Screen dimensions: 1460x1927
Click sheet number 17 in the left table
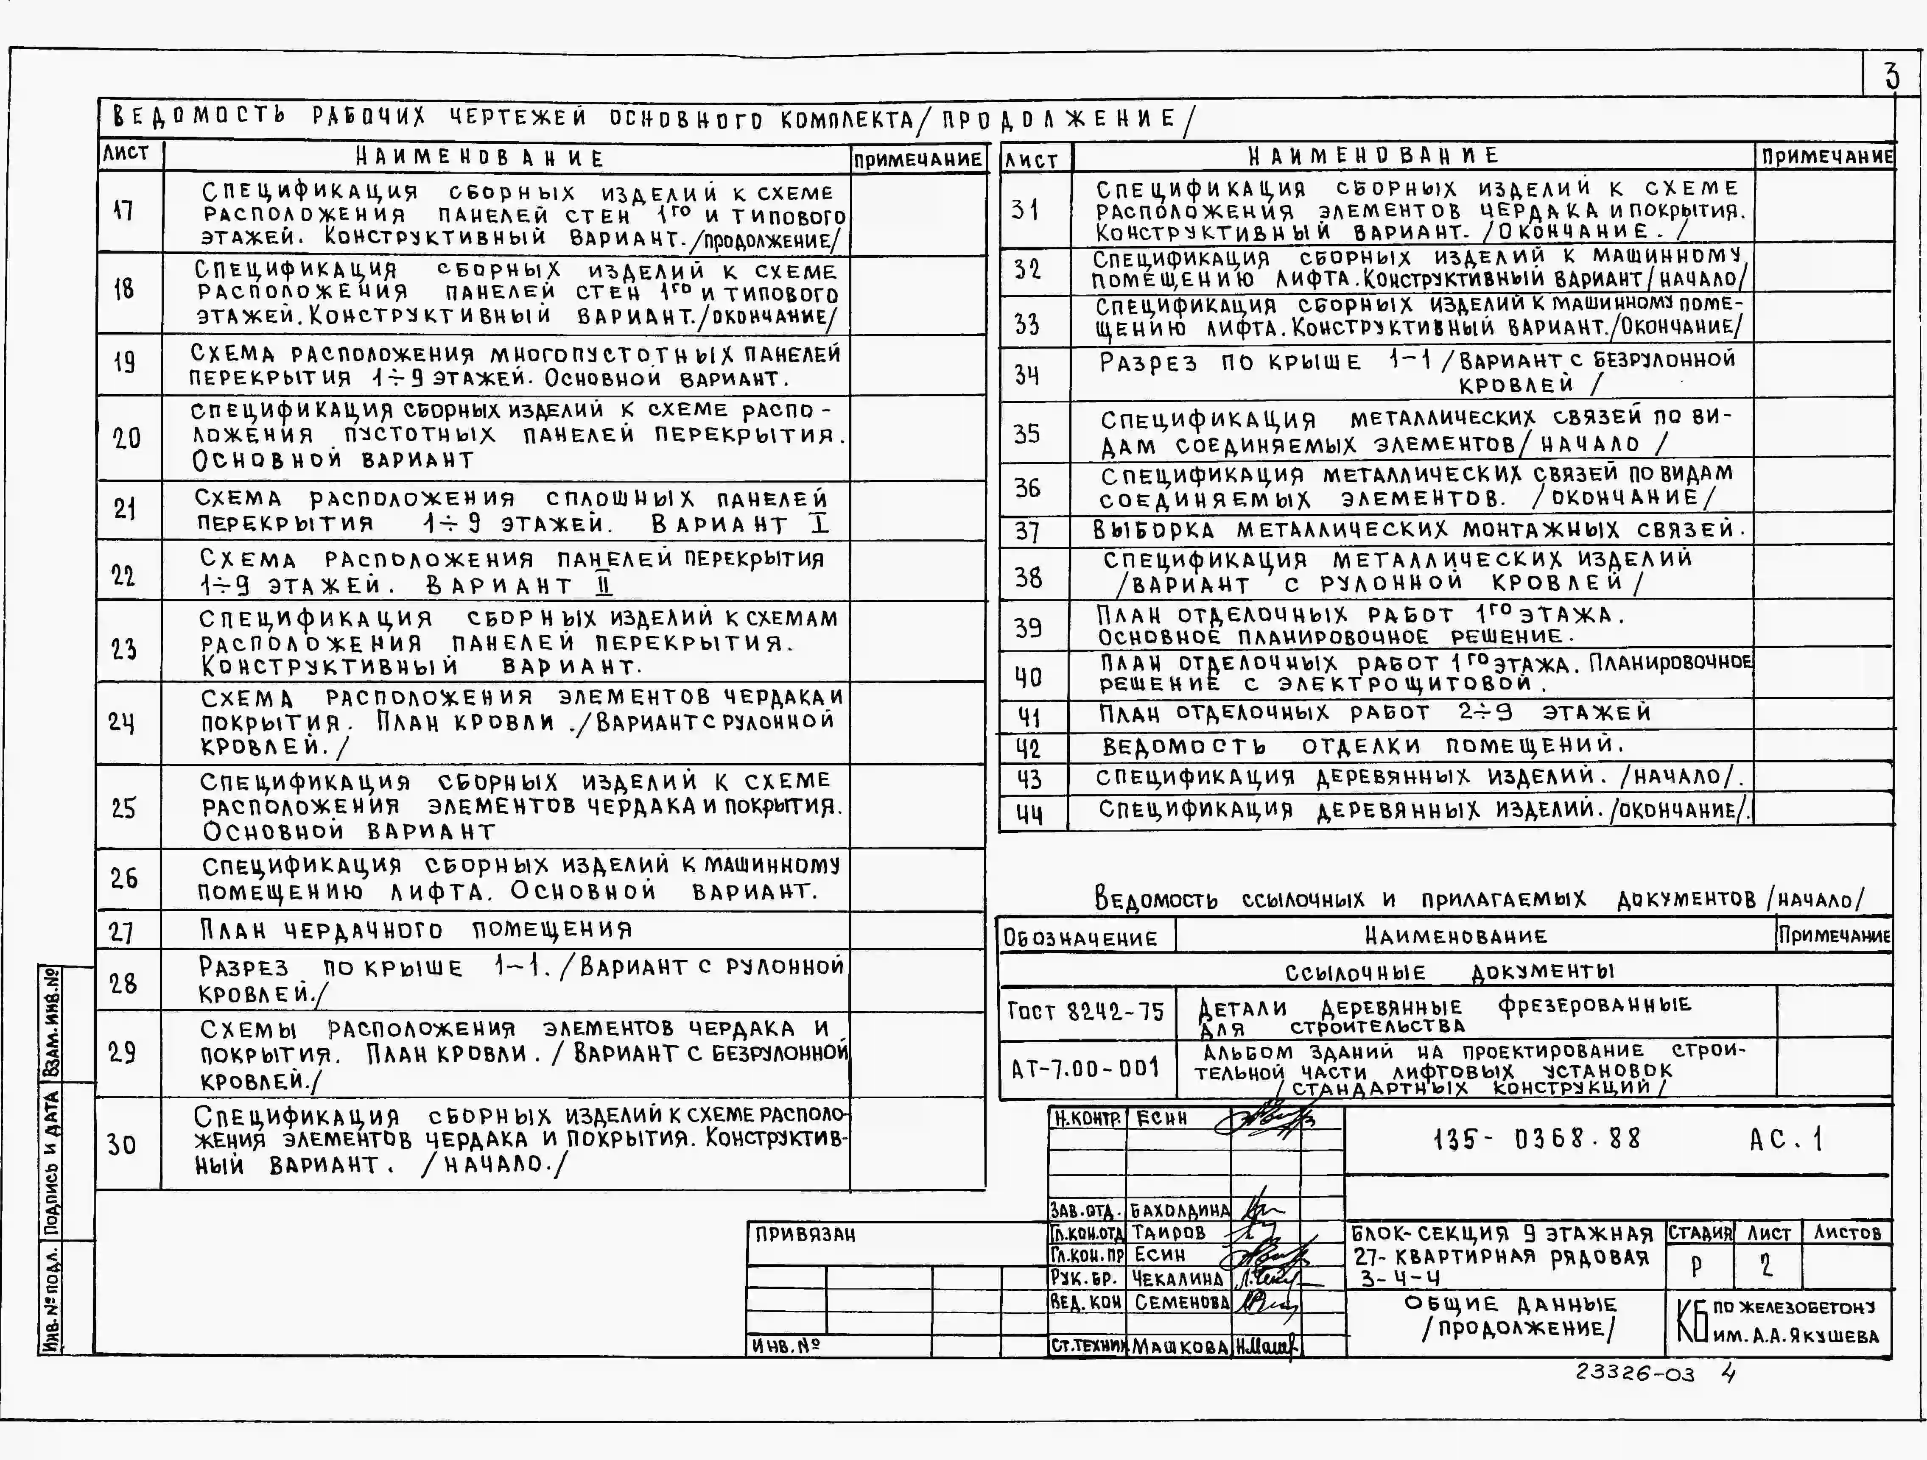[x=124, y=211]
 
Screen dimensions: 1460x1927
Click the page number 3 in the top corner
[x=1892, y=77]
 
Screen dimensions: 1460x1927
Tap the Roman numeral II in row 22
[x=604, y=584]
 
